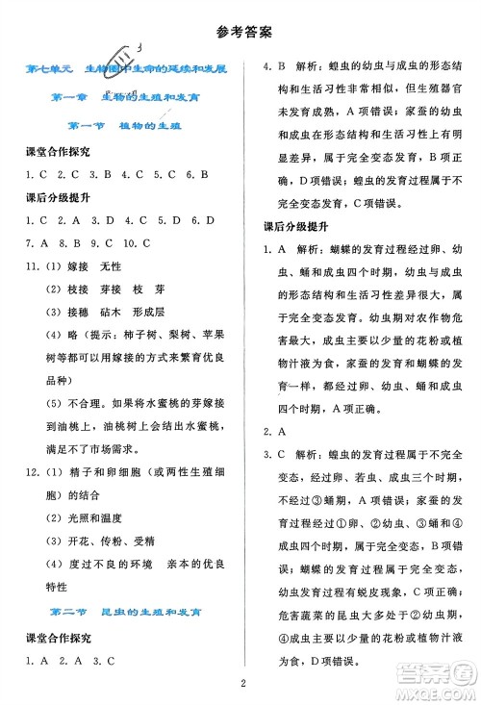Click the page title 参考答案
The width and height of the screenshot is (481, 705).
tap(240, 30)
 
